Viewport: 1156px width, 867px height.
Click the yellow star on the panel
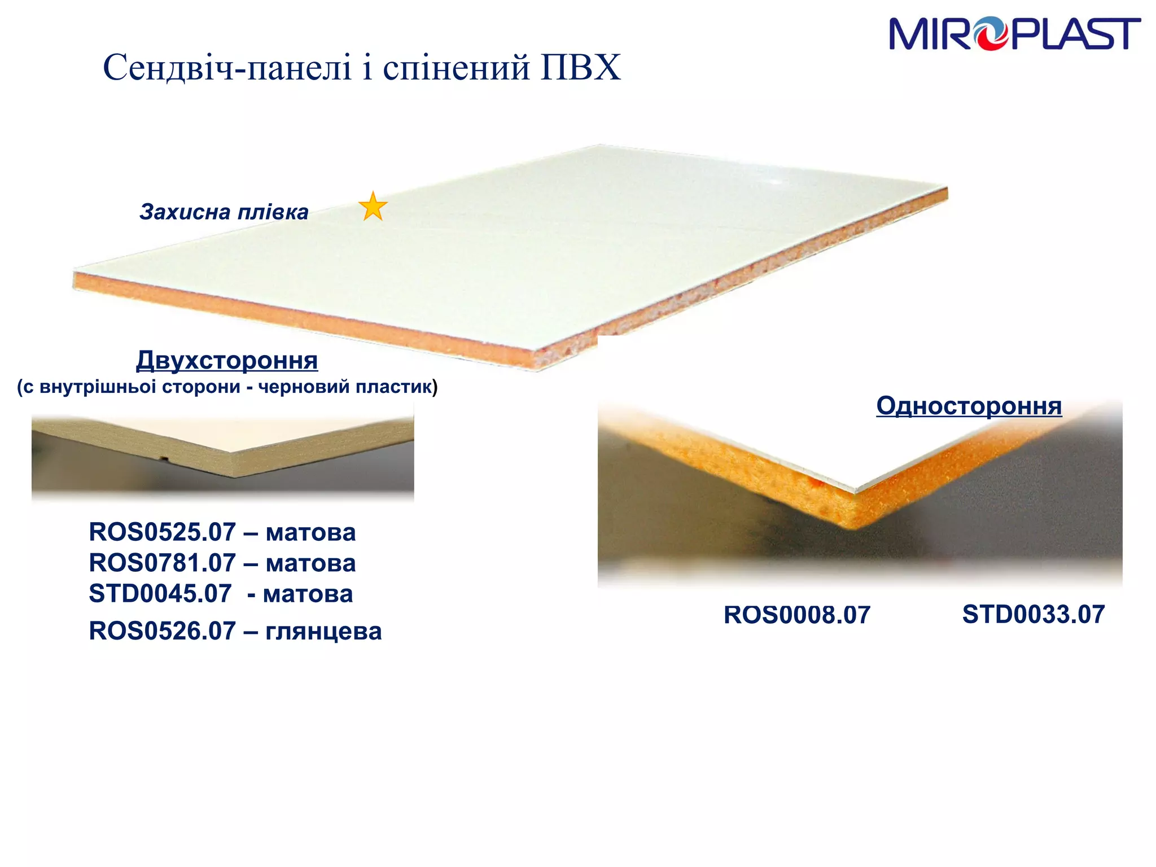pos(373,207)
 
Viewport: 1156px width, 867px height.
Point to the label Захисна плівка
pos(224,212)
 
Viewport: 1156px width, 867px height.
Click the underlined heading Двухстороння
pos(227,360)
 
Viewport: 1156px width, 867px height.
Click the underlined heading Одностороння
pos(969,406)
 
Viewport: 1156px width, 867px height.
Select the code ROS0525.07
pos(162,532)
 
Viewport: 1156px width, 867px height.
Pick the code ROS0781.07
pos(162,563)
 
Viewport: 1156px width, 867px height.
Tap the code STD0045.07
pos(160,594)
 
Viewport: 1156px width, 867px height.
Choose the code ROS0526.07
pos(162,631)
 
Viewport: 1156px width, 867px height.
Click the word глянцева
pos(323,632)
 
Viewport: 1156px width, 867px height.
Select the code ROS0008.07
pos(796,615)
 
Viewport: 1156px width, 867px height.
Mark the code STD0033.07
pos(1033,615)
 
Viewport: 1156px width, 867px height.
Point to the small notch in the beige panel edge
pos(163,457)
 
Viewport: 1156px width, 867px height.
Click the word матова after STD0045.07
pos(308,594)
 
